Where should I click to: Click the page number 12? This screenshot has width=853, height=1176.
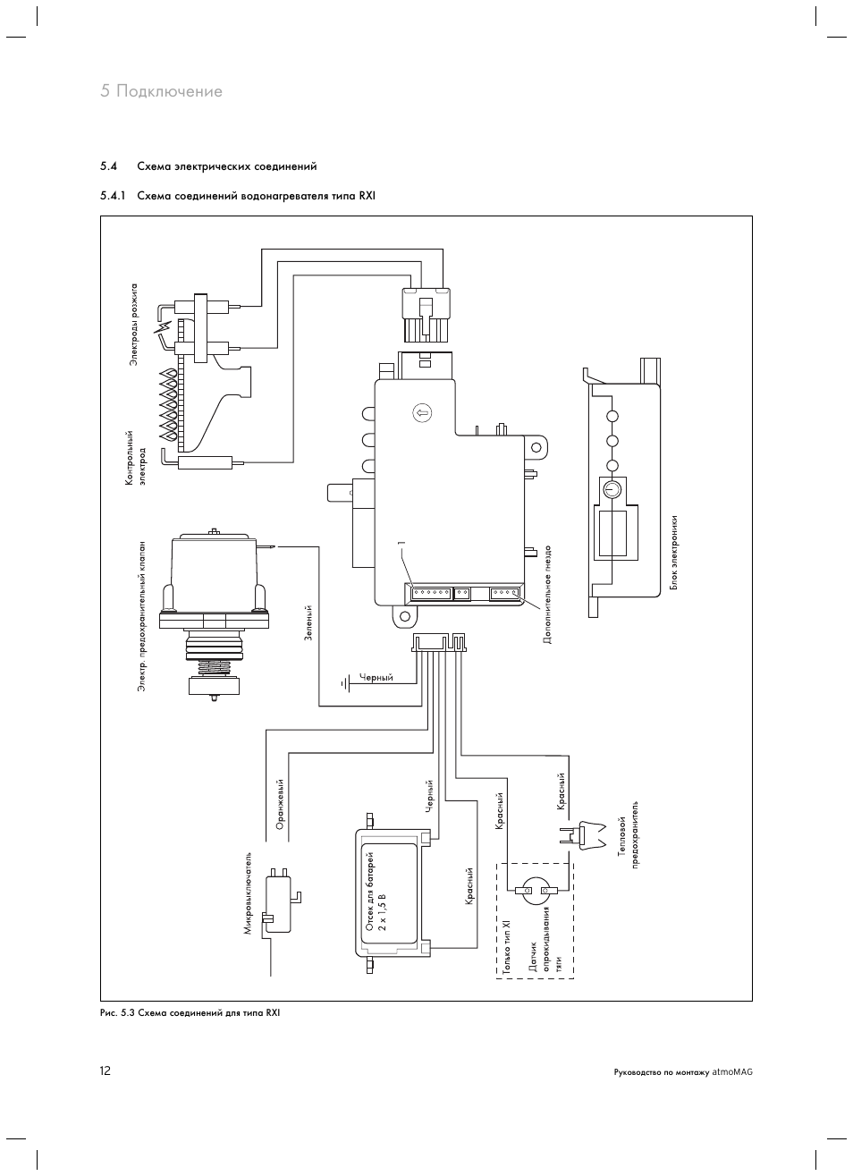click(106, 1070)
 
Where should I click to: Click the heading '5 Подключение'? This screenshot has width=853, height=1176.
click(162, 91)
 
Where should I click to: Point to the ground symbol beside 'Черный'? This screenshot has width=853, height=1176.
click(344, 683)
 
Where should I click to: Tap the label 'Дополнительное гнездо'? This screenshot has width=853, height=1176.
click(547, 595)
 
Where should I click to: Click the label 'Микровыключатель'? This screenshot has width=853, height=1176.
click(249, 893)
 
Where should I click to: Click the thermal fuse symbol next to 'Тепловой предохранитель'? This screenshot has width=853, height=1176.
click(582, 833)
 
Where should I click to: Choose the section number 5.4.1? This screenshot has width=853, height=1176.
click(113, 196)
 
